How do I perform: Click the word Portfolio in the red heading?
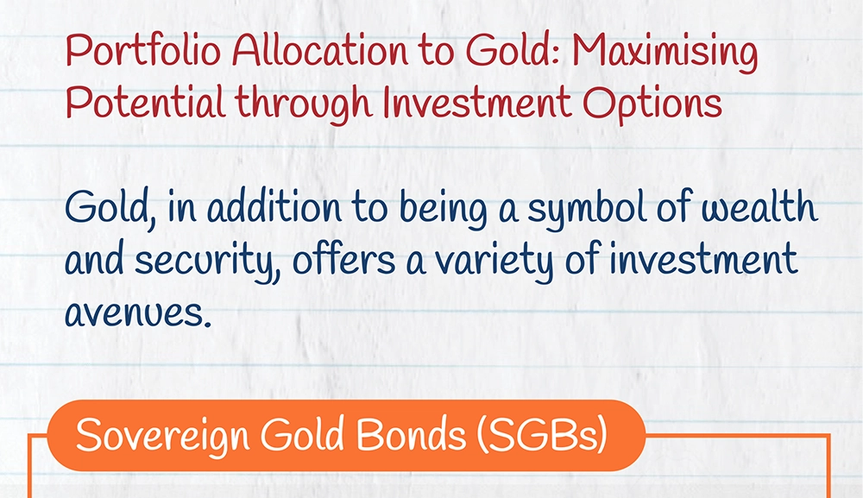(x=143, y=51)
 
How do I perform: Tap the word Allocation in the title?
(x=320, y=51)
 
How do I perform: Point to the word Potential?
(x=146, y=102)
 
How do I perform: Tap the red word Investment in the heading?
(x=477, y=102)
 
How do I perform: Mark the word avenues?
(x=138, y=312)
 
